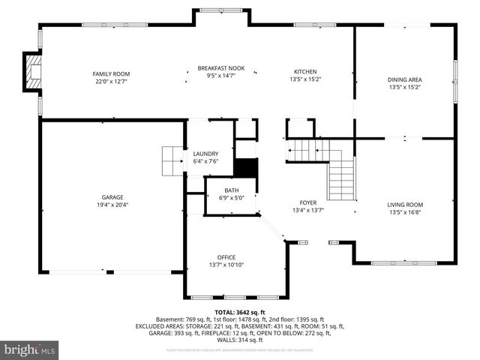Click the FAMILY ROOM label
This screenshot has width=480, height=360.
point(111,73)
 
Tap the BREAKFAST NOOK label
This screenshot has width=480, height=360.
point(221,67)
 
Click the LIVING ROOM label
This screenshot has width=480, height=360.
point(405,205)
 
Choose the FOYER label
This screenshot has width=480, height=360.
point(308,202)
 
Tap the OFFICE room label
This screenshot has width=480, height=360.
point(226,256)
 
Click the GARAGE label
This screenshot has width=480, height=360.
point(112,197)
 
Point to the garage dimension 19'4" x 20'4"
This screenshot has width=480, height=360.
point(112,205)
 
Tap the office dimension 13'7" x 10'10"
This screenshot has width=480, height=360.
point(226,264)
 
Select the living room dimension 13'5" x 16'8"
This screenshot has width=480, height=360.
point(405,212)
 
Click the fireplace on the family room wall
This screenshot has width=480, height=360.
point(31,72)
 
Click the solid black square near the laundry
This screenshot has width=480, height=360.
point(246,168)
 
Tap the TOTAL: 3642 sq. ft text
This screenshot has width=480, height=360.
point(240,312)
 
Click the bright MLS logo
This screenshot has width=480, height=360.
point(30,349)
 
